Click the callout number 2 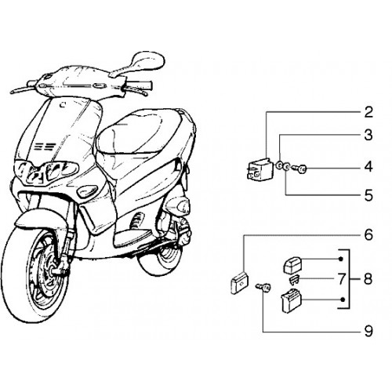(368, 112)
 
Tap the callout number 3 (368, 135)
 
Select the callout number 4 (368, 166)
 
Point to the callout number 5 (368, 195)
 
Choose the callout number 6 (368, 234)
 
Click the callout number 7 (342, 279)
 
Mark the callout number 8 (368, 279)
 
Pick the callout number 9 (368, 332)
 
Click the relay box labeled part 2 (260, 170)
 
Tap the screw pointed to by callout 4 (299, 169)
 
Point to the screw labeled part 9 (264, 288)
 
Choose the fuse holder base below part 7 (292, 299)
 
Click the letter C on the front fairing (62, 105)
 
